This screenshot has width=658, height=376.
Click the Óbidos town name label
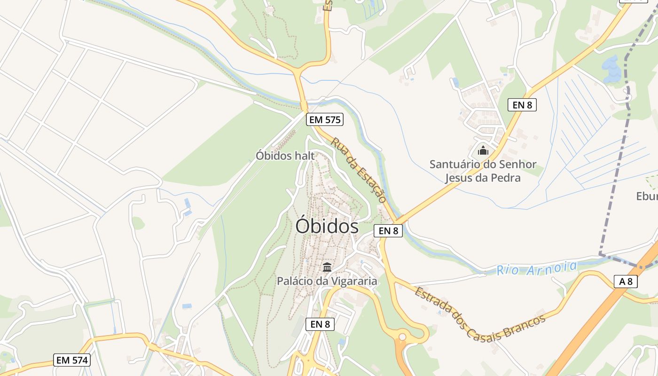327,227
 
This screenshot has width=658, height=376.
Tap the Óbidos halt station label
285,156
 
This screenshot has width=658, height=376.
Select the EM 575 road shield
324,120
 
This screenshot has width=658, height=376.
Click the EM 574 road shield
72,360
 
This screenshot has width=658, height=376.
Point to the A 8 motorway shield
626,282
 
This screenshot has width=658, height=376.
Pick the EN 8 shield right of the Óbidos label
388,231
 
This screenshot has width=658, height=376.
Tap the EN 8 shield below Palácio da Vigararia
320,324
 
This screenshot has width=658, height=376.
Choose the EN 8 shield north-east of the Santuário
522,105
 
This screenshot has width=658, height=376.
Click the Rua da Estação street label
359,170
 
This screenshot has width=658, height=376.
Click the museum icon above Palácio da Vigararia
327,267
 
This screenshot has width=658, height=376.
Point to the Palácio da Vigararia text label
327,281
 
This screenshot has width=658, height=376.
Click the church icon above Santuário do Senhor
483,151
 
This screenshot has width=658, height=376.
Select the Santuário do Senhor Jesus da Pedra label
483,171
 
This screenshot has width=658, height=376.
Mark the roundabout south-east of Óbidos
402,337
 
